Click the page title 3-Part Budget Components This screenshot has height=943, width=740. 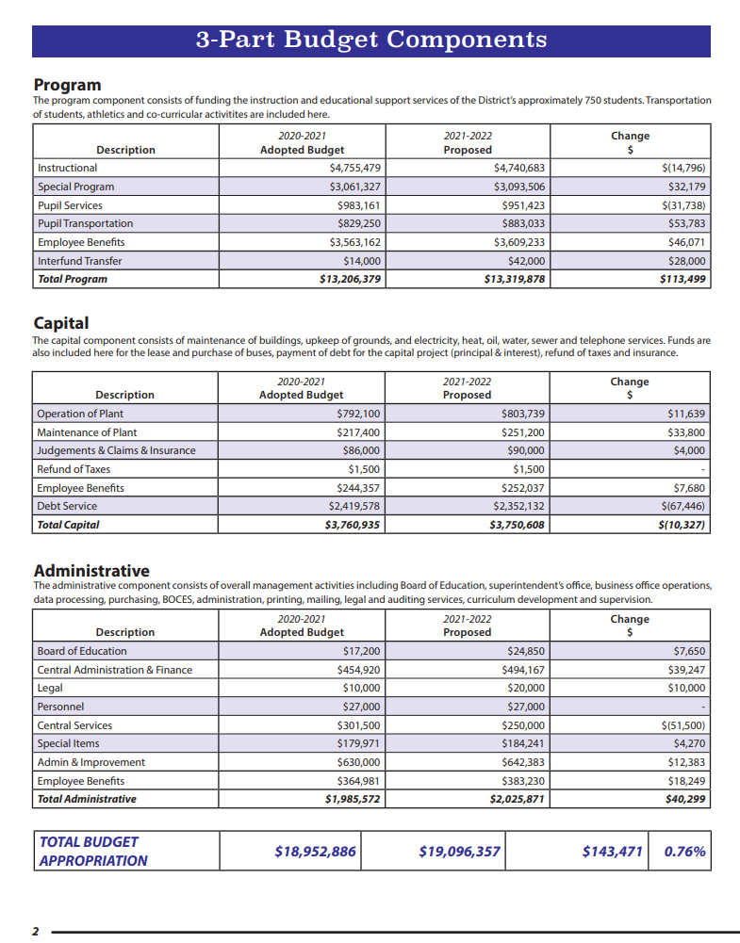[x=370, y=40]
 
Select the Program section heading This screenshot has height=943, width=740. [x=67, y=85]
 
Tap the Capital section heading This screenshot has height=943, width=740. [x=61, y=324]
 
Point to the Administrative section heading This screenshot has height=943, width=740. [x=91, y=571]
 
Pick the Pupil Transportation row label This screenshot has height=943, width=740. [x=85, y=223]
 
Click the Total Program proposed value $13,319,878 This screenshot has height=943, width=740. [x=514, y=279]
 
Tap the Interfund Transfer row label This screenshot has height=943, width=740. [x=79, y=261]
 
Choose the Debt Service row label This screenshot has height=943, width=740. [x=67, y=506]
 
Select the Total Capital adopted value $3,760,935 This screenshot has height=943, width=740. [x=353, y=525]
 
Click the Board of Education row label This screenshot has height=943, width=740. [x=81, y=651]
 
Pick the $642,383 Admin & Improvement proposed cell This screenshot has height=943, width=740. [x=523, y=762]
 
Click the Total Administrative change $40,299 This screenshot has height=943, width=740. [x=685, y=799]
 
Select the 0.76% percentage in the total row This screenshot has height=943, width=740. [x=684, y=852]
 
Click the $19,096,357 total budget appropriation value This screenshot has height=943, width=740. [x=459, y=852]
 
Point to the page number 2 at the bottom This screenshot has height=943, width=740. [x=36, y=932]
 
